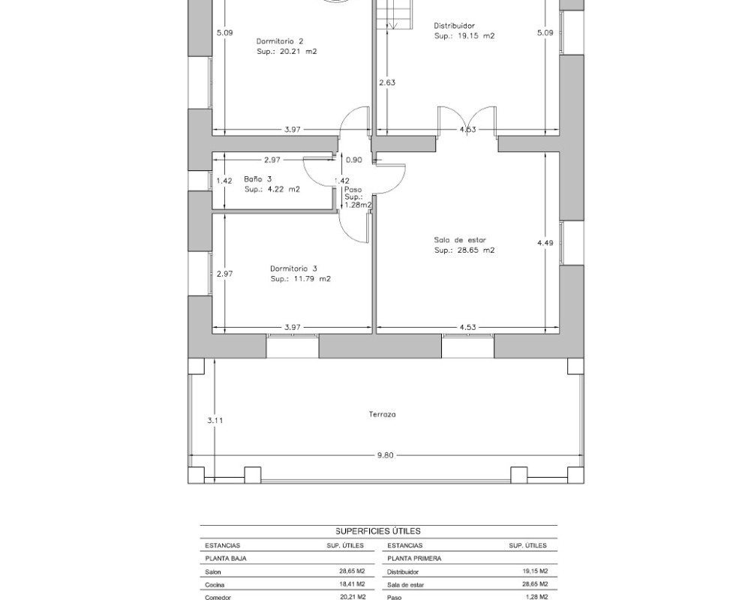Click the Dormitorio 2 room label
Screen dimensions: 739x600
280,41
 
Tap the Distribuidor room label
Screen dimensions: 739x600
455,26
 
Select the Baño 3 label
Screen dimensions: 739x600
258,179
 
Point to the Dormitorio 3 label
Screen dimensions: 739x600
293,268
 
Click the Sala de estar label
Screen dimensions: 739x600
460,240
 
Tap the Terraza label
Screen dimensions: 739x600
382,415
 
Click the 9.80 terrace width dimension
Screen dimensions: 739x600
385,455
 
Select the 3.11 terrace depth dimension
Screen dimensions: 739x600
215,421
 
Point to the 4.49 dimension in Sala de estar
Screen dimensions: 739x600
545,243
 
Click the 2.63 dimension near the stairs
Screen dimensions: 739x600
387,82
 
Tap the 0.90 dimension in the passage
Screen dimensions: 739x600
354,160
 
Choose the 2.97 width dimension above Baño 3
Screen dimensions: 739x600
272,160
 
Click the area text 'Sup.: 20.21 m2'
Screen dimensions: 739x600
287,52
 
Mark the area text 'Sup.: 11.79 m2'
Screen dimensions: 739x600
301,279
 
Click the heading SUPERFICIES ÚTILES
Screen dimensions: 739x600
378,531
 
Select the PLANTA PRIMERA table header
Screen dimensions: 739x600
414,559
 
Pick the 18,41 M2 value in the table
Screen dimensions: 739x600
352,584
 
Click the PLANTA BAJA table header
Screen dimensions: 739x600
226,559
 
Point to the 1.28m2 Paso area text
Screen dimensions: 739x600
358,205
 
